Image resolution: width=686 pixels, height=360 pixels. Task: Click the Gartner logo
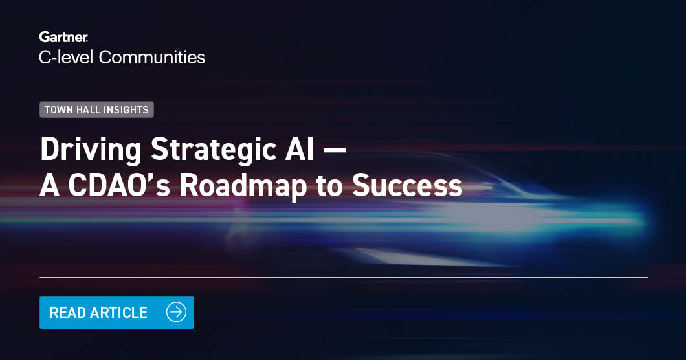tap(63, 37)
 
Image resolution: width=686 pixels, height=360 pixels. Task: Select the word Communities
tap(153, 57)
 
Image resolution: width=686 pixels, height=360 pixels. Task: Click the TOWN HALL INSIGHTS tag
tap(96, 109)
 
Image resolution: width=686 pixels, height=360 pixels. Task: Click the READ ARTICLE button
tap(116, 312)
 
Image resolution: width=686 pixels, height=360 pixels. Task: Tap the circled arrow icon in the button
tap(176, 312)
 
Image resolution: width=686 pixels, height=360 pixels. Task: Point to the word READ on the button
tap(67, 313)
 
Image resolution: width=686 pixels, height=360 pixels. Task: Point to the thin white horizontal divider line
tap(343, 277)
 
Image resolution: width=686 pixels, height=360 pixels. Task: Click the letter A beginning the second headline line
tap(49, 186)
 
